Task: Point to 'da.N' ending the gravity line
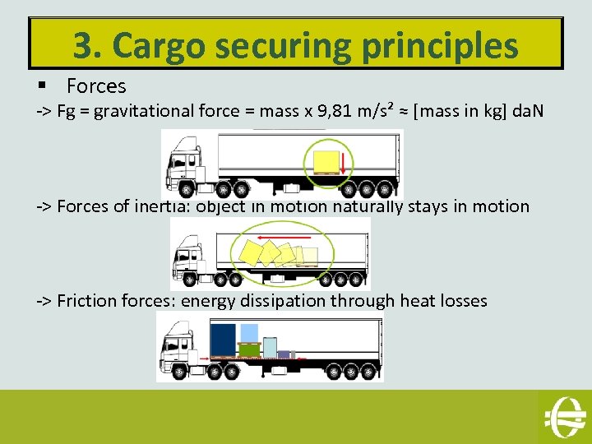tap(525, 111)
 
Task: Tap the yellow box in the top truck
tap(327, 162)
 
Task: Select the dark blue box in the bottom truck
tap(223, 340)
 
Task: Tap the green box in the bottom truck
tap(250, 349)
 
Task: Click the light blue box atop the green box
tap(250, 332)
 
